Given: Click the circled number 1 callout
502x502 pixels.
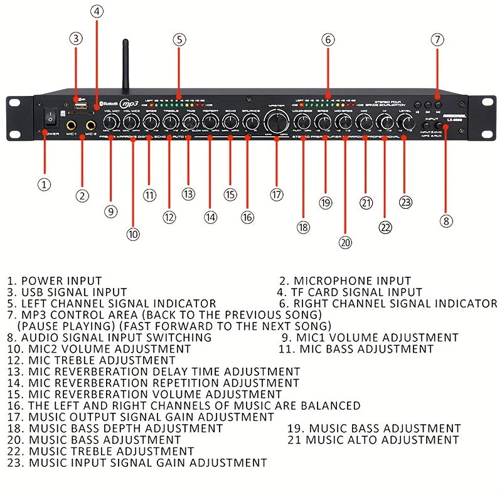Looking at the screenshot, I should point(43,184).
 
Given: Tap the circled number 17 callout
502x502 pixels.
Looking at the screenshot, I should point(277,195).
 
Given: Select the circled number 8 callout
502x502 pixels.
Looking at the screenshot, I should point(446,220).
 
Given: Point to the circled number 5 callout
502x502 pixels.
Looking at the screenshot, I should point(179,39).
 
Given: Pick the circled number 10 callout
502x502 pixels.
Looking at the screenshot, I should point(132,234).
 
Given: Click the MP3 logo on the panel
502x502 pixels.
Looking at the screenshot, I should point(129,103).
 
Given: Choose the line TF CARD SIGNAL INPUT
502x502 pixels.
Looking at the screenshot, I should point(358,292).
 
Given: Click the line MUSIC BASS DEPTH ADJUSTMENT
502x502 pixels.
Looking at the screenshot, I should point(125,429).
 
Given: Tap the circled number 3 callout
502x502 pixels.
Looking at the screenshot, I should point(76,38).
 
